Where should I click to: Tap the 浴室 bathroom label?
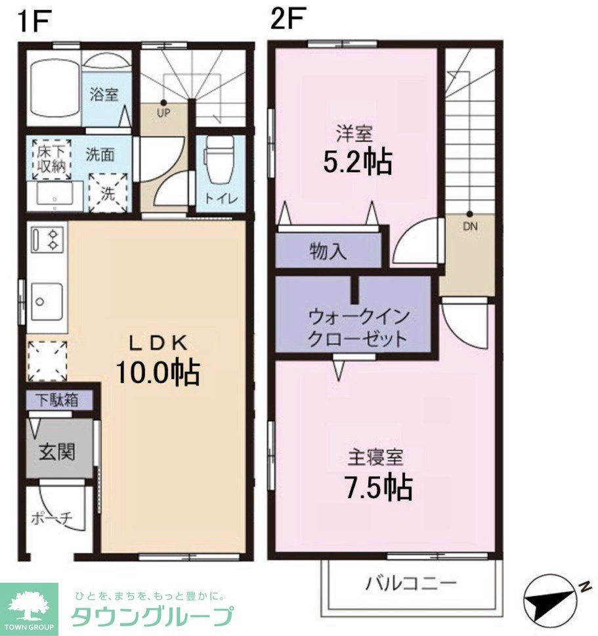click(x=104, y=94)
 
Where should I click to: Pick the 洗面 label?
click(x=100, y=155)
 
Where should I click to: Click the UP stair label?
click(x=163, y=112)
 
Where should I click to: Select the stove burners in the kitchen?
click(x=47, y=239)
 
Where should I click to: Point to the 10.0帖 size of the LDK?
click(x=158, y=373)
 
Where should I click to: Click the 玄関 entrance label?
click(x=56, y=451)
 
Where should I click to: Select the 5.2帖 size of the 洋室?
click(x=357, y=161)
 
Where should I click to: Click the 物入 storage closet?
click(x=328, y=252)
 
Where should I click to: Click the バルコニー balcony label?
click(x=411, y=582)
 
